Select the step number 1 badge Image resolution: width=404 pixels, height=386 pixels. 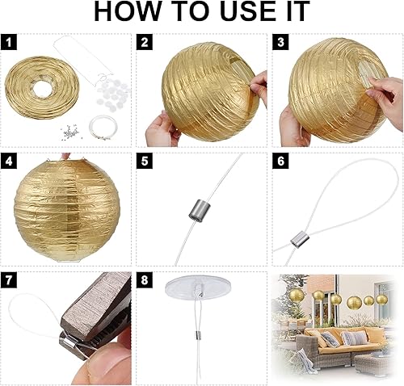(9, 42)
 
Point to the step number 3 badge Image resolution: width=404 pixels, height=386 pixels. (280, 42)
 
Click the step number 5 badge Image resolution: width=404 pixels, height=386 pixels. (145, 160)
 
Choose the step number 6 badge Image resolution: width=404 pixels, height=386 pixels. (280, 160)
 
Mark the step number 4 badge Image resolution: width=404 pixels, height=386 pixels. (9, 160)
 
